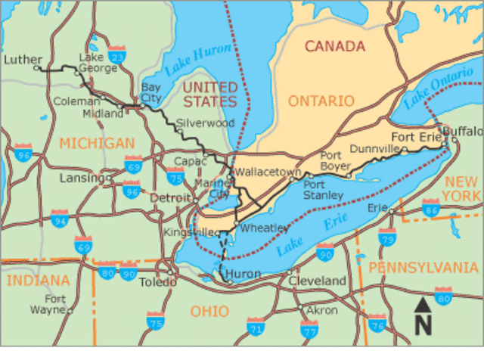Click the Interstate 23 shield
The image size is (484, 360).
[x=116, y=55]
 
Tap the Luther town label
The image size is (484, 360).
[x=20, y=59]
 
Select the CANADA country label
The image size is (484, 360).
[x=334, y=45]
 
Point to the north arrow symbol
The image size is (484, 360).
[x=423, y=316]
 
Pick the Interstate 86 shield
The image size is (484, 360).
[x=432, y=209]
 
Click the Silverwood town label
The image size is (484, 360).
[x=204, y=123]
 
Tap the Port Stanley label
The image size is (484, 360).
[x=323, y=190]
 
